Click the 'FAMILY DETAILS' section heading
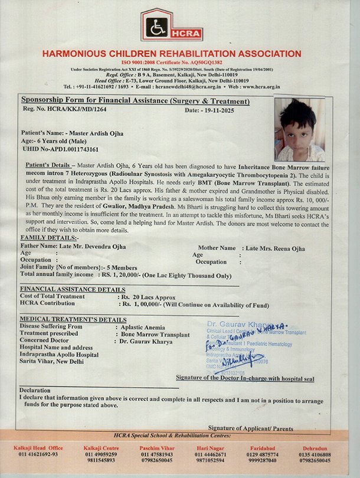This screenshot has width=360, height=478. pos(44,237)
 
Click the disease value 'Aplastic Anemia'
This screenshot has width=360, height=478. pos(143,326)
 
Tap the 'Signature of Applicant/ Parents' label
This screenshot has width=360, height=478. pos(251,427)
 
